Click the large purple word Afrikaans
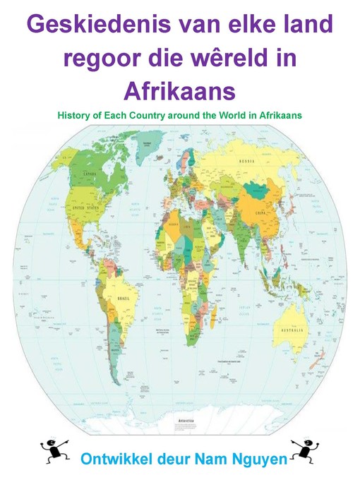[179, 91]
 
